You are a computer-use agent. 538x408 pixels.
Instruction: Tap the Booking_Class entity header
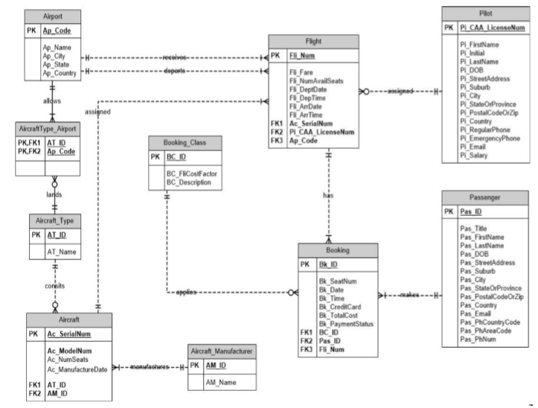[185, 141]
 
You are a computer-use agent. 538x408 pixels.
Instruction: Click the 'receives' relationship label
[173, 56]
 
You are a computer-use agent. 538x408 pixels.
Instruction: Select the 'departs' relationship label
[172, 71]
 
